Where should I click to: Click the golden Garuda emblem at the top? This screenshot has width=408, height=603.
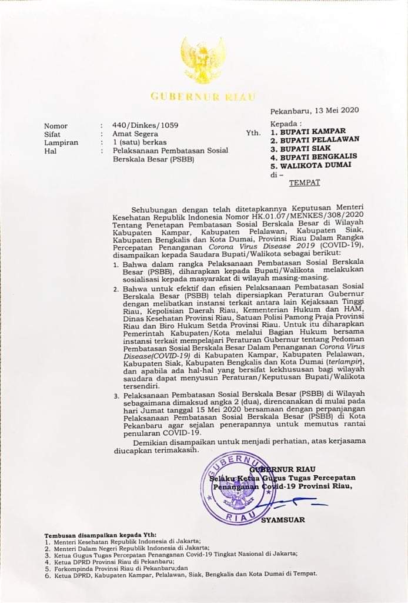pos(202,60)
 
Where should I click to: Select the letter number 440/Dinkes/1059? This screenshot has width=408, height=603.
pos(145,125)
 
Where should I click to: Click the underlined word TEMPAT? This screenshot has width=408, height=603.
pos(305,183)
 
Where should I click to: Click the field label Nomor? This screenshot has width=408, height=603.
pos(56,125)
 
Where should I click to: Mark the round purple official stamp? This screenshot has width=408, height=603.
pos(238,488)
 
